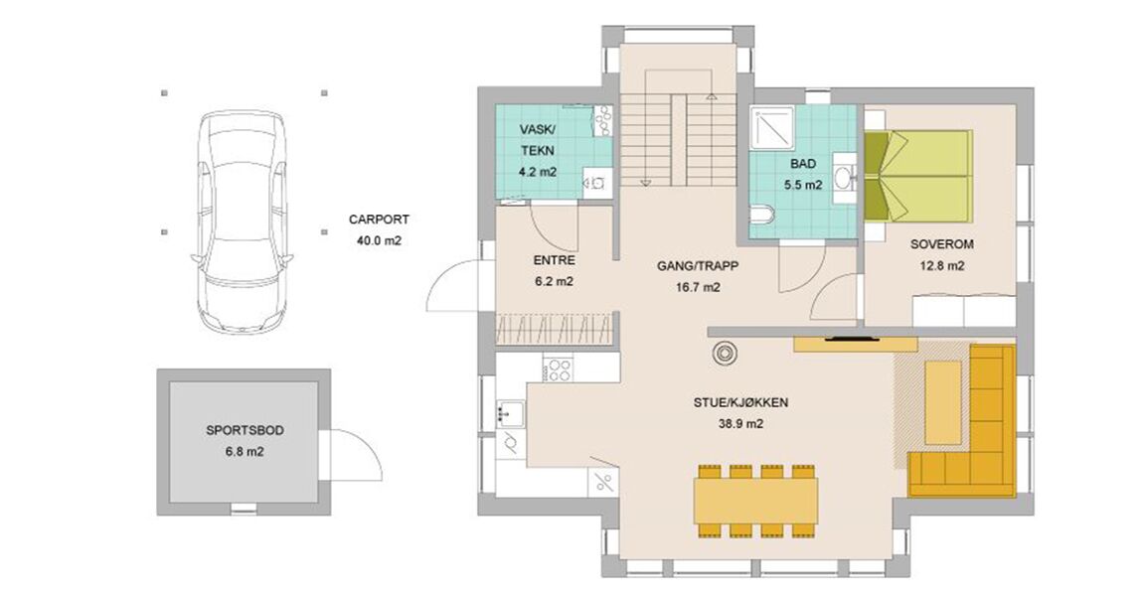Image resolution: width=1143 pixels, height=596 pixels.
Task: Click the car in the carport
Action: coord(242,224)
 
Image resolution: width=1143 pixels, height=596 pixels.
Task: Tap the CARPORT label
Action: coord(379,220)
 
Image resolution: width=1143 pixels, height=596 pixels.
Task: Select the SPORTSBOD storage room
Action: coord(245,441)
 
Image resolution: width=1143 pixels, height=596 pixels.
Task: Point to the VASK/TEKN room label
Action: coord(538,140)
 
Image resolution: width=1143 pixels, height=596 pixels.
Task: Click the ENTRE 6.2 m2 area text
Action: coord(554,270)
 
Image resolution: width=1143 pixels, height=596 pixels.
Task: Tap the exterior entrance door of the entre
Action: coord(453,286)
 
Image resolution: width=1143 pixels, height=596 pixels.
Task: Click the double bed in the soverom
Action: coord(918,176)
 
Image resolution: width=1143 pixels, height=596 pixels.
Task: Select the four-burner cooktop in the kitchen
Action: coord(560,370)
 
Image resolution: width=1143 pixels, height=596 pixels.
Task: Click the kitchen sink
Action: coord(511,413)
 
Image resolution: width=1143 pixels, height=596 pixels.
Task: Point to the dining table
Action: coord(756,501)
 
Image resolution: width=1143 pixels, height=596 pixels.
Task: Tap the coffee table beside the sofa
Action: coord(943,402)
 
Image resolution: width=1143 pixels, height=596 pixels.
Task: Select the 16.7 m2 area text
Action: coord(698,287)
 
